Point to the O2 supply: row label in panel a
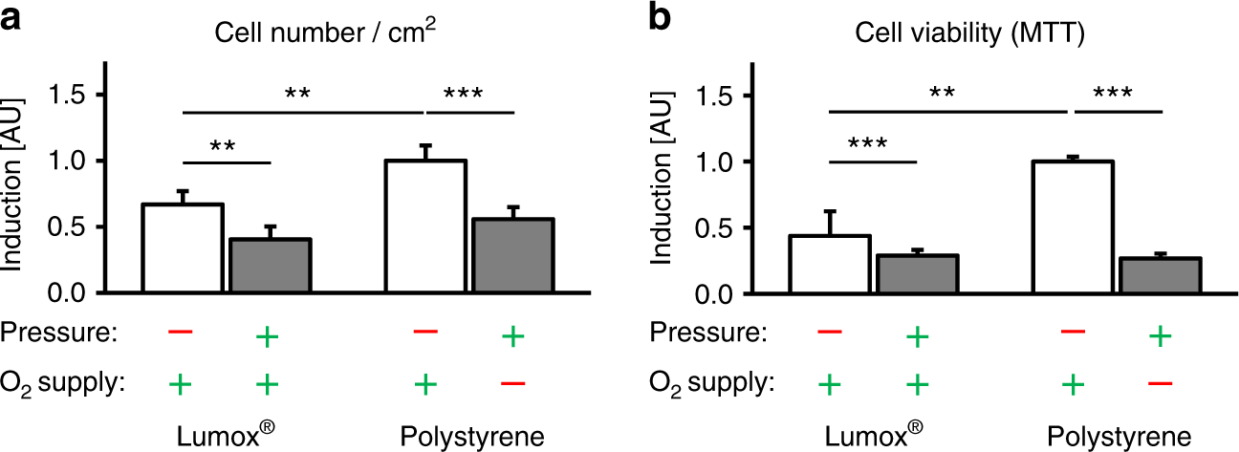pos(64,383)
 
